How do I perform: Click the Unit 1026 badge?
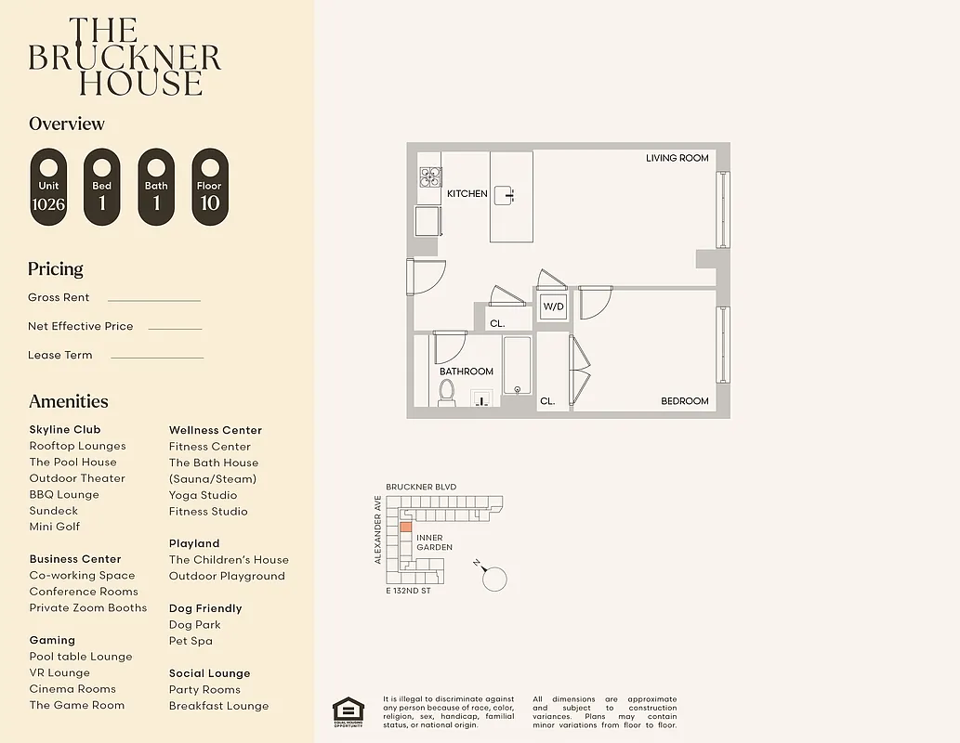(48, 187)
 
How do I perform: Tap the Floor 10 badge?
(209, 187)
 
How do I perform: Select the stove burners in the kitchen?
(429, 176)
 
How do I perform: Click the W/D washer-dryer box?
(554, 306)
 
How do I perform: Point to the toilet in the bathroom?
(447, 393)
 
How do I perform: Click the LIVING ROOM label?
(677, 159)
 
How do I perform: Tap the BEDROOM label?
(684, 401)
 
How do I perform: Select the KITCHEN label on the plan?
(467, 194)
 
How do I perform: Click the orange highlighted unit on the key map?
(405, 528)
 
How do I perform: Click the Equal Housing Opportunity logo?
(348, 712)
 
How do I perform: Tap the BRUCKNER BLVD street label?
(421, 487)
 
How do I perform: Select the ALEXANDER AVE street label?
(378, 529)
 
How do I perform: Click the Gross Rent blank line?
(153, 300)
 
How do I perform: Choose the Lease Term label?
(60, 355)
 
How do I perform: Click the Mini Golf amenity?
(55, 527)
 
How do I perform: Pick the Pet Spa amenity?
(191, 641)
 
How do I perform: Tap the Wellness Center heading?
(216, 430)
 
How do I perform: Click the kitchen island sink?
(504, 194)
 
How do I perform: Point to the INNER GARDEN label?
(434, 542)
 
